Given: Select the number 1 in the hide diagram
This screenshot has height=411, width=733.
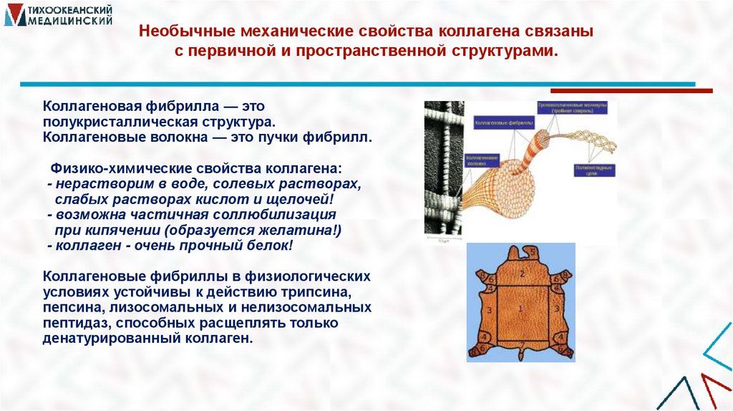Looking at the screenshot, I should click(521, 309).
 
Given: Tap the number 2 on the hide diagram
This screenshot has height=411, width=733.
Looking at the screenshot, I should click(523, 274).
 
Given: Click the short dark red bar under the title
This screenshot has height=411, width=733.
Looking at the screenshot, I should click(631, 91).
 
